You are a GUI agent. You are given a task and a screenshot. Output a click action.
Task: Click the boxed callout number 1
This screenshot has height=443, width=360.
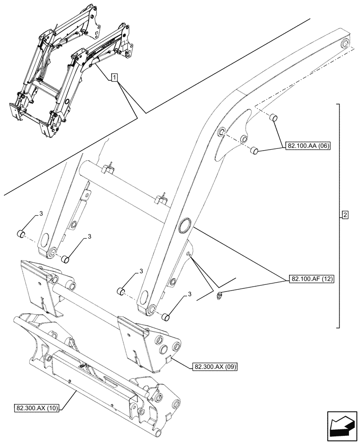click(115, 78)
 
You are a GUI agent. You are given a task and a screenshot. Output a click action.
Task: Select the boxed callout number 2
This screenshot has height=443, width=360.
click(345, 216)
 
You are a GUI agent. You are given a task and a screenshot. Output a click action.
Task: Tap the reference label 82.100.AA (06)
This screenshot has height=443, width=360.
click(307, 146)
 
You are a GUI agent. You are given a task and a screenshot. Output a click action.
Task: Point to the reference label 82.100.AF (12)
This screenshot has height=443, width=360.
click(312, 279)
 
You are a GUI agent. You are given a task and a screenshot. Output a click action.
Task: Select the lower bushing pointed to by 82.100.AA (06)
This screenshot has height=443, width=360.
click(254, 151)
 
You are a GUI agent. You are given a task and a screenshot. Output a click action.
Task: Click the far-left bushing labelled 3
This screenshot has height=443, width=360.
click(20, 234)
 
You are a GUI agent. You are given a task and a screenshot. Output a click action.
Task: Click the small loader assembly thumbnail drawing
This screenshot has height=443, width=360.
click(71, 71)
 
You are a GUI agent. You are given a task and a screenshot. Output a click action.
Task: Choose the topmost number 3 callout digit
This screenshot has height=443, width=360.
click(40, 214)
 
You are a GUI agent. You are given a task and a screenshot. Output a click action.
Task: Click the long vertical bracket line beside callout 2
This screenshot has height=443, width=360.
click(340, 216)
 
